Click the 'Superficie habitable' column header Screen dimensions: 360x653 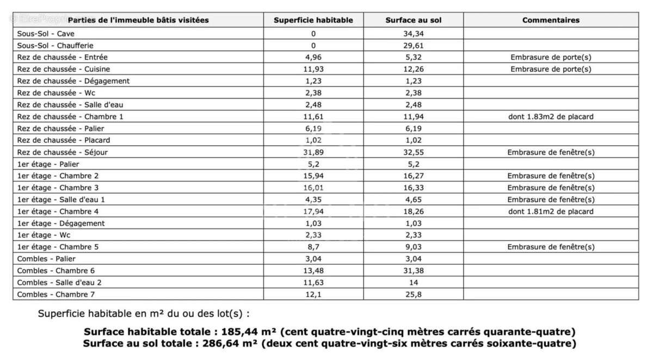[313, 20]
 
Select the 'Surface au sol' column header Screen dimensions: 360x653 [414, 20]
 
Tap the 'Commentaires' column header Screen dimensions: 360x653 [551, 20]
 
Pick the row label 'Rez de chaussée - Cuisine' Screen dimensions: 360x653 [64, 69]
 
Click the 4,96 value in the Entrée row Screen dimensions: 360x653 [313, 57]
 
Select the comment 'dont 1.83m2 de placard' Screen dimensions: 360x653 [551, 116]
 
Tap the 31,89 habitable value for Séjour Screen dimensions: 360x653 [313, 152]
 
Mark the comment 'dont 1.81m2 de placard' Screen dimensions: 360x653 [551, 212]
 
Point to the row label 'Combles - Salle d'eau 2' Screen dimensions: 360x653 [59, 283]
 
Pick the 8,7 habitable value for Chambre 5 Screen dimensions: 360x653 [313, 247]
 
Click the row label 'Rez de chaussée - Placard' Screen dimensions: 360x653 [64, 140]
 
